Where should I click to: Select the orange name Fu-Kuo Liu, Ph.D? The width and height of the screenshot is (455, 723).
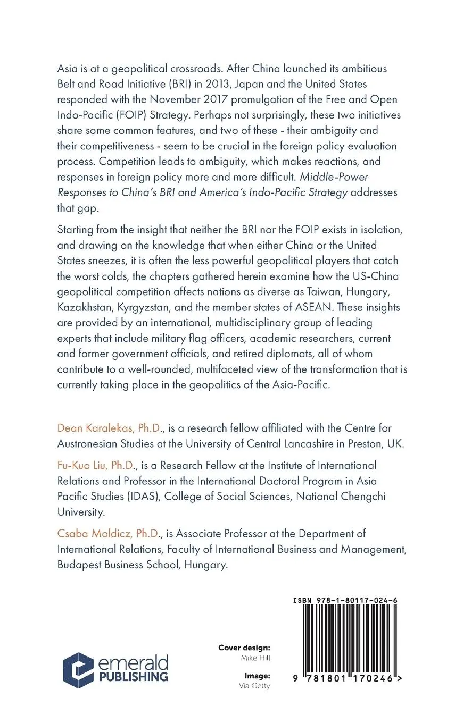point(96,465)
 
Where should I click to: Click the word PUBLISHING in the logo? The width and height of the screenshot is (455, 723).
point(133,677)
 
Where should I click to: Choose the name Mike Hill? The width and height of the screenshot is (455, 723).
point(255,658)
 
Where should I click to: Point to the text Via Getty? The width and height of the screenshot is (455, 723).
point(254,686)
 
